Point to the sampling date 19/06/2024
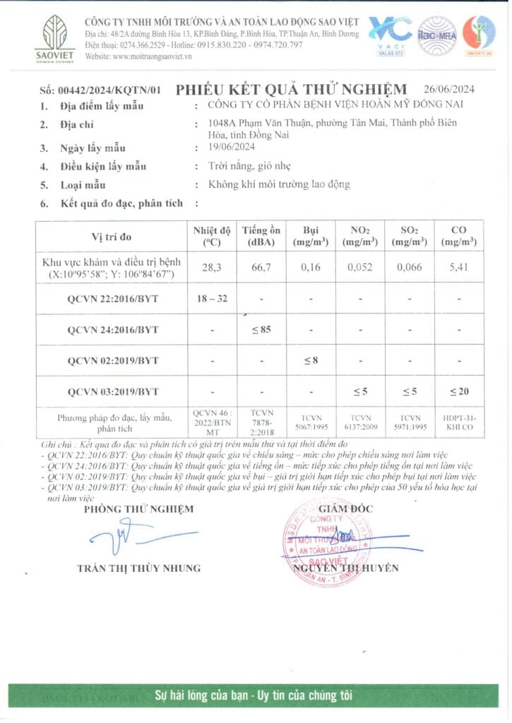224,148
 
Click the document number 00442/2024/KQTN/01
100,90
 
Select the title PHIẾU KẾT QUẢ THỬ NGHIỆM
291,89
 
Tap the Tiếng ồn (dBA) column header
261,236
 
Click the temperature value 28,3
212,268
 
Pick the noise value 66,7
261,268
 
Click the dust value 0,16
311,268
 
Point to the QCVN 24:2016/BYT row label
113,330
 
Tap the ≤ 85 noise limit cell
261,330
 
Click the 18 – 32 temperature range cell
212,299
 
